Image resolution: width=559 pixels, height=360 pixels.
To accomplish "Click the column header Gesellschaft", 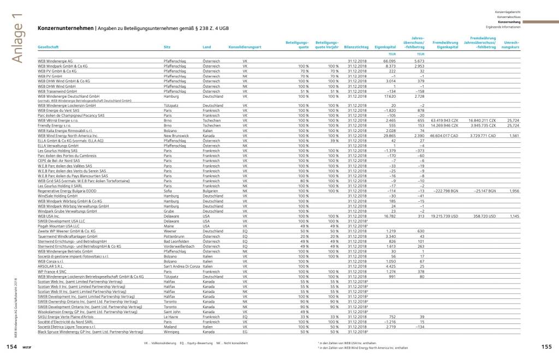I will (x=48, y=48).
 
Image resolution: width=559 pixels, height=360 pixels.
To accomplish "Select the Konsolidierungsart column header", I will (x=246, y=48).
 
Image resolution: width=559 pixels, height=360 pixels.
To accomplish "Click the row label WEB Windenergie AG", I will (x=55, y=61).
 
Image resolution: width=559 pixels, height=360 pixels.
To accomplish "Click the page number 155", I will (x=548, y=346).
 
